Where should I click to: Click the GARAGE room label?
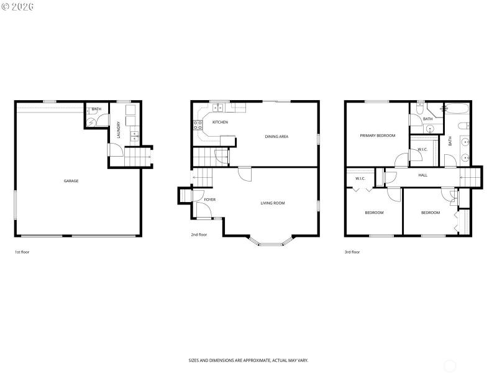click(x=71, y=181)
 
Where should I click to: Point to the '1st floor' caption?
click(x=22, y=252)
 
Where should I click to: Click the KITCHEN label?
click(x=220, y=122)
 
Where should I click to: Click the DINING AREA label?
click(x=276, y=137)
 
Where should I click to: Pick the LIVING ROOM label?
click(x=272, y=203)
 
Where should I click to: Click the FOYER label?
click(x=210, y=200)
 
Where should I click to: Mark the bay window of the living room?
click(x=271, y=242)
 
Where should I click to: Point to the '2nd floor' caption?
click(x=199, y=235)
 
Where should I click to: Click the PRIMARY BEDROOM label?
click(x=377, y=136)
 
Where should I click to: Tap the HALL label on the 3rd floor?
click(x=422, y=175)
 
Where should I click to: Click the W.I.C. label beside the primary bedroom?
click(x=422, y=149)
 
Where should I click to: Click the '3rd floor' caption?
click(x=352, y=252)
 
